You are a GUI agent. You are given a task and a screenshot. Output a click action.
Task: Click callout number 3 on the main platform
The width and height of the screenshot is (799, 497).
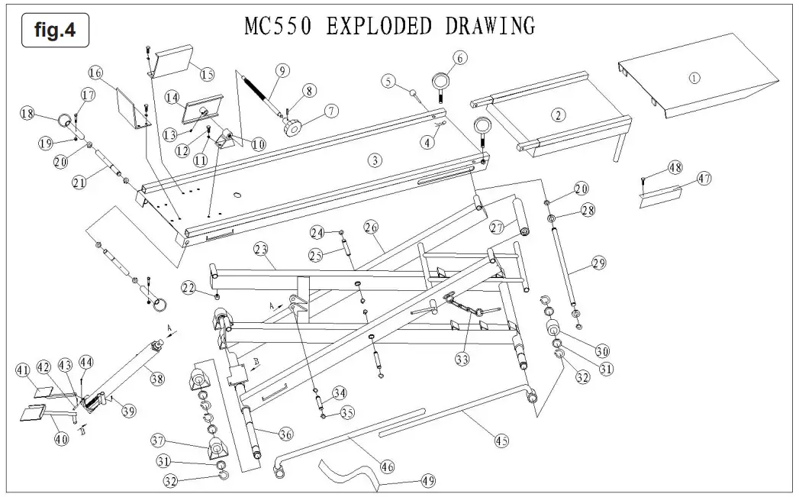point(374,160)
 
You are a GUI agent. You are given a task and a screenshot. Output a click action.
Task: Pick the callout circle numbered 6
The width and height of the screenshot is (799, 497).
point(459,56)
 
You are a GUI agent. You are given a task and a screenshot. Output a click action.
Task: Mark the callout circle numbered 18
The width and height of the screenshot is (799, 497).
point(28,115)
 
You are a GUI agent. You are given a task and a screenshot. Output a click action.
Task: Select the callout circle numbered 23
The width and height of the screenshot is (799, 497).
point(262,247)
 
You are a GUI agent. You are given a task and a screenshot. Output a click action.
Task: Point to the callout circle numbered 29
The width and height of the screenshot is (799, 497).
point(598,263)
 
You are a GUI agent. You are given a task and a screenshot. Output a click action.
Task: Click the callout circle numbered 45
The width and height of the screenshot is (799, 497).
point(501,441)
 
